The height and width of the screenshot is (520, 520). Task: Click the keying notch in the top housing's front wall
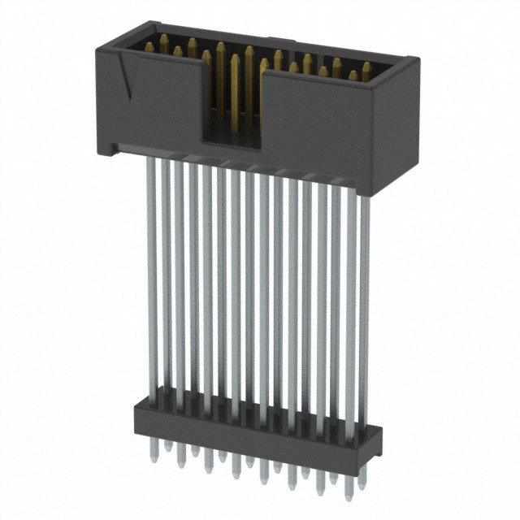point(232,106)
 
